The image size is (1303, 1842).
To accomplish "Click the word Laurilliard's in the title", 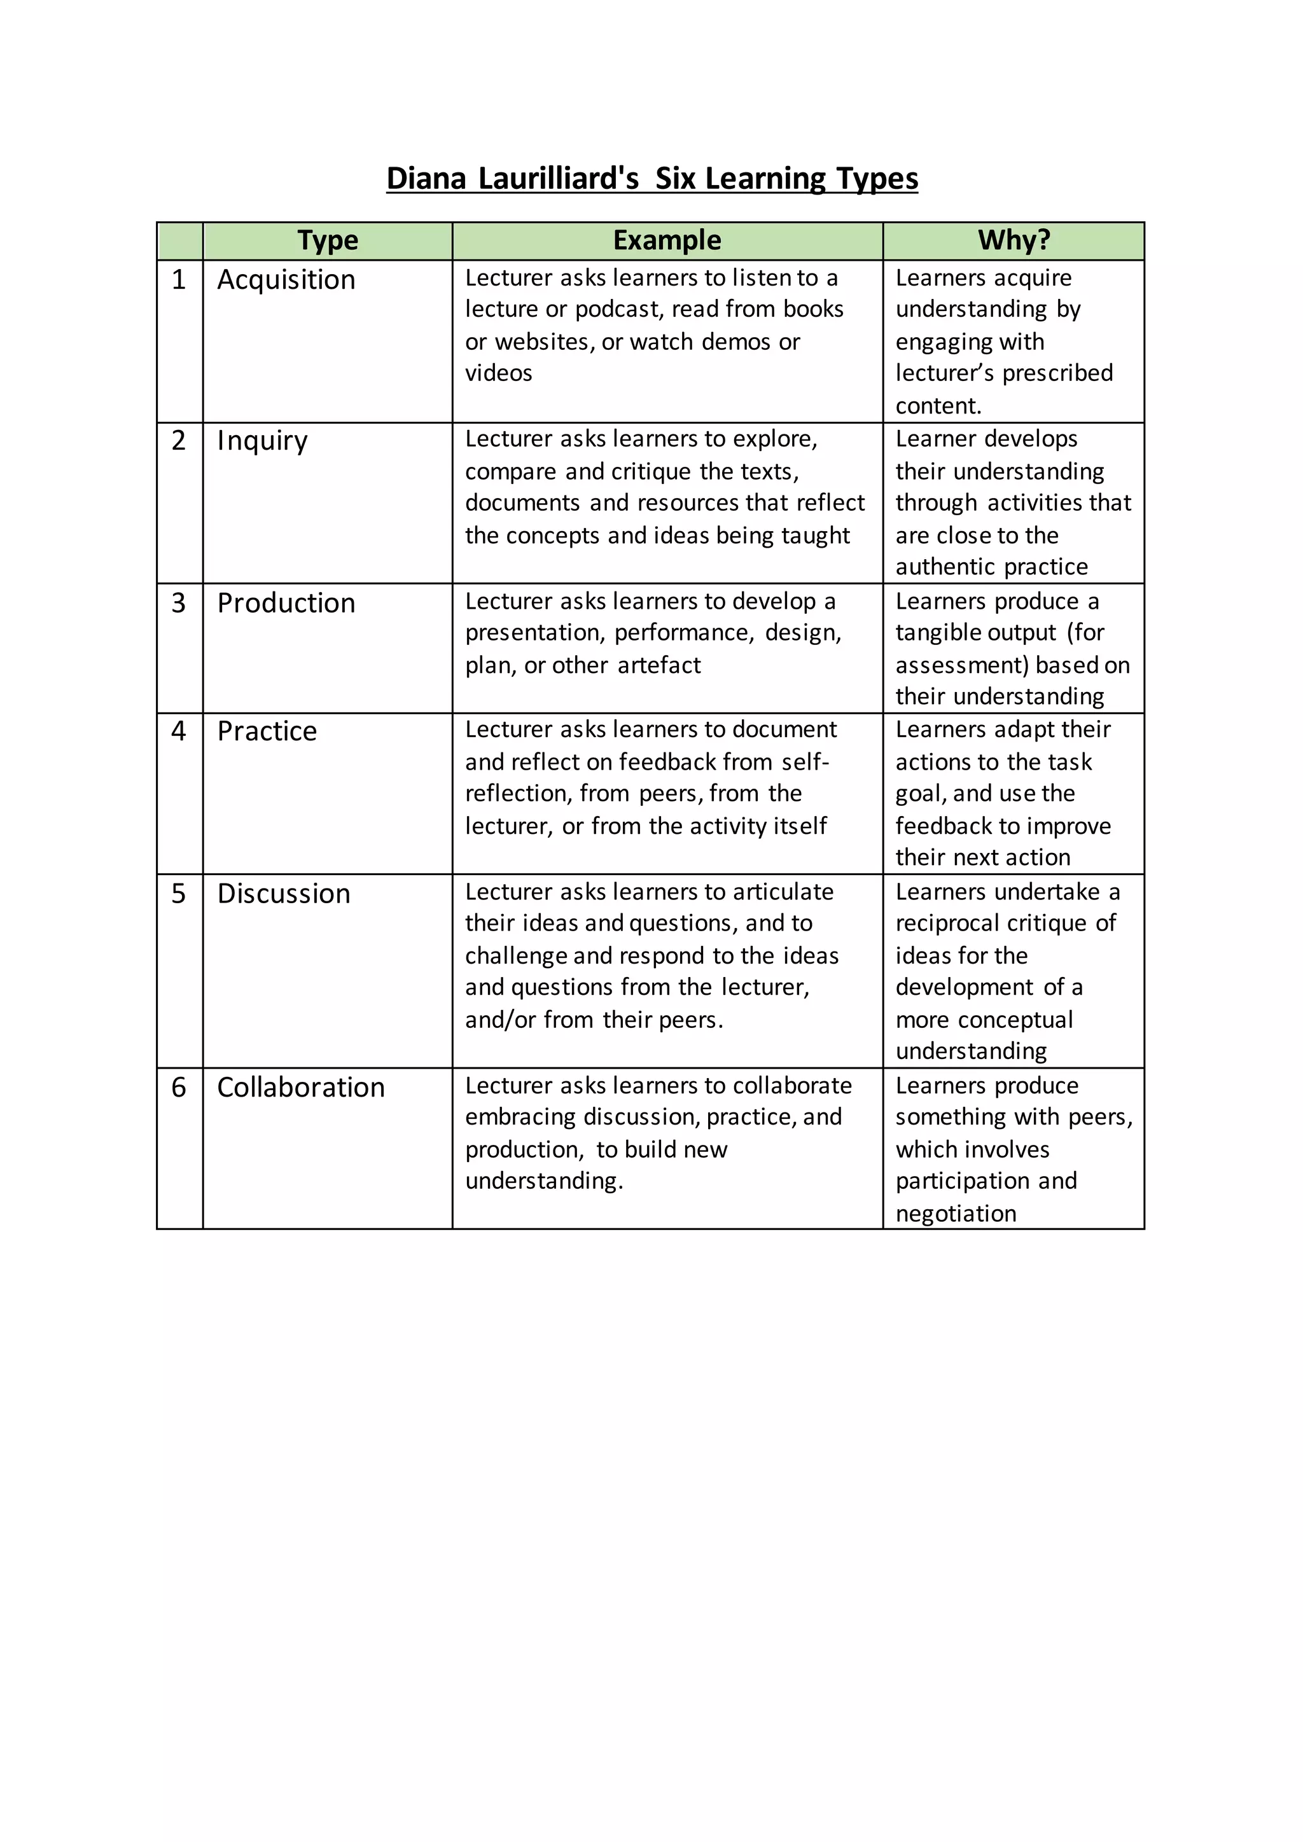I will tap(559, 178).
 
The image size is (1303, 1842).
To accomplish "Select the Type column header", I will tap(328, 240).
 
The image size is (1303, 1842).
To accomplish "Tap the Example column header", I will tap(667, 240).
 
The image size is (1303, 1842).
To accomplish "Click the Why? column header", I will tap(1014, 240).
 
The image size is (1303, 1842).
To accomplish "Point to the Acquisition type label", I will tap(286, 279).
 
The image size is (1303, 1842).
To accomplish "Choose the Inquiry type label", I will tap(261, 440).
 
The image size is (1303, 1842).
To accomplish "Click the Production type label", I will tap(286, 602).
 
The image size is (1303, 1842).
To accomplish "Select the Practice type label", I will tap(267, 731).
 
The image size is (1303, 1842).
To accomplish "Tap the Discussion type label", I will tap(283, 893).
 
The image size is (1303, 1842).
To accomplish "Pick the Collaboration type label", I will tap(301, 1087).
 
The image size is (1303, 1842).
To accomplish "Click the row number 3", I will tap(178, 602).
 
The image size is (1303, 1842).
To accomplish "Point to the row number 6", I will tap(178, 1087).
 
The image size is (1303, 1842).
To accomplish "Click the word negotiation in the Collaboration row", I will tap(956, 1213).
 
